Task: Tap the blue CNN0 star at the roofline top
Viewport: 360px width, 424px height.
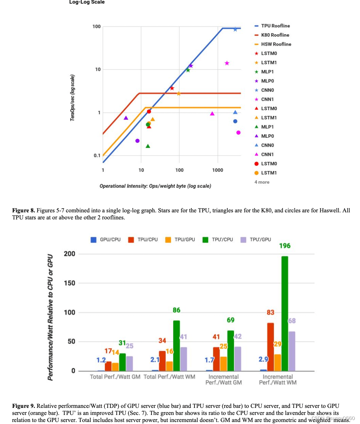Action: click(235, 30)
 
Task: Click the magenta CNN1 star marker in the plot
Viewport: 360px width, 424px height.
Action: click(227, 63)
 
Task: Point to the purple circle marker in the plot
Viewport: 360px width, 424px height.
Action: click(137, 141)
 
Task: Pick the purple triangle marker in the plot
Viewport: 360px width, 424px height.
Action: click(126, 118)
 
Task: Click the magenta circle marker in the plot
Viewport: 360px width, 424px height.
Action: click(238, 133)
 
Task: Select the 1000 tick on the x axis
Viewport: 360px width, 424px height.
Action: click(218, 170)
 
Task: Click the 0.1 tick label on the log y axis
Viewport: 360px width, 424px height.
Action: click(97, 155)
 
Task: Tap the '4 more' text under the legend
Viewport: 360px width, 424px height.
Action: click(262, 182)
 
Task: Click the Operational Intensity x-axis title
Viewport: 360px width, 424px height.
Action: click(155, 186)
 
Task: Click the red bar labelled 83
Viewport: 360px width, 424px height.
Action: click(270, 347)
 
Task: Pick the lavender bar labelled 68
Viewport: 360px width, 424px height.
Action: click(292, 351)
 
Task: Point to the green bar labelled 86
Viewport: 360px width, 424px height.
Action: click(176, 345)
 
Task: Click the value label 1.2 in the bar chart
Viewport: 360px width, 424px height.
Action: click(101, 360)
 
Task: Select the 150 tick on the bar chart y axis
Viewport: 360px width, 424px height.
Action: click(70, 283)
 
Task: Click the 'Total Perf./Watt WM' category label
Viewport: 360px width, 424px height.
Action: click(169, 377)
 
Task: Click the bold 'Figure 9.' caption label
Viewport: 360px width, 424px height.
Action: click(24, 406)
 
